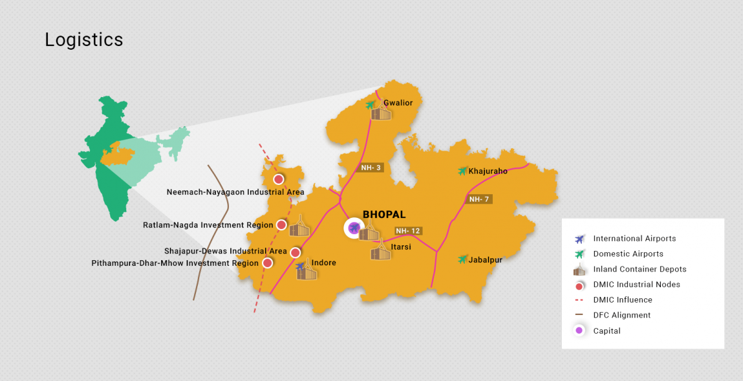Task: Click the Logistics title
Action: pos(84,40)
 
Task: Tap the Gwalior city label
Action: pos(398,103)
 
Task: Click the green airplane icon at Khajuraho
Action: pos(462,171)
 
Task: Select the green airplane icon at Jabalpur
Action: pos(462,259)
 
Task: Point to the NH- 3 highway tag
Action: pos(371,167)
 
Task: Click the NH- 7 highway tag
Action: pos(479,199)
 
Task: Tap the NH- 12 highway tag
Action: pos(408,231)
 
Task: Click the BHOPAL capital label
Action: pos(384,215)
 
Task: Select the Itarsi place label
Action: pos(401,247)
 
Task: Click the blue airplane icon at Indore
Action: pos(301,266)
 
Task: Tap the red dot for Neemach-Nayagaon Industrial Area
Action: pos(279,179)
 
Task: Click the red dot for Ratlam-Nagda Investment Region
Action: pos(281,225)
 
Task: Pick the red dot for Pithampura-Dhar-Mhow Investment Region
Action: pos(268,263)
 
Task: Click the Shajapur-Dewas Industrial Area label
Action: pos(226,251)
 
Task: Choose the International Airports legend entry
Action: pos(634,238)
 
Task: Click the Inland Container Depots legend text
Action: pos(640,269)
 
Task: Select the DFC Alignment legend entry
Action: pos(622,315)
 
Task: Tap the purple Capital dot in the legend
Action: pos(579,331)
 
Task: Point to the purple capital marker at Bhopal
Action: pos(354,228)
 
